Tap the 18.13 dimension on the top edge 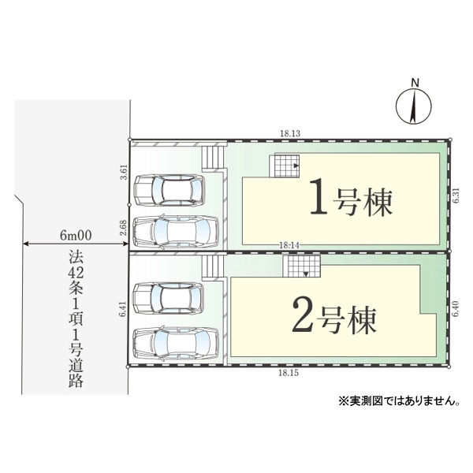(x=289, y=134)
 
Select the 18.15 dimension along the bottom (x=289, y=373)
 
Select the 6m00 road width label (x=76, y=236)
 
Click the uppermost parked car (x=169, y=190)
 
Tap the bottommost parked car (x=174, y=341)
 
